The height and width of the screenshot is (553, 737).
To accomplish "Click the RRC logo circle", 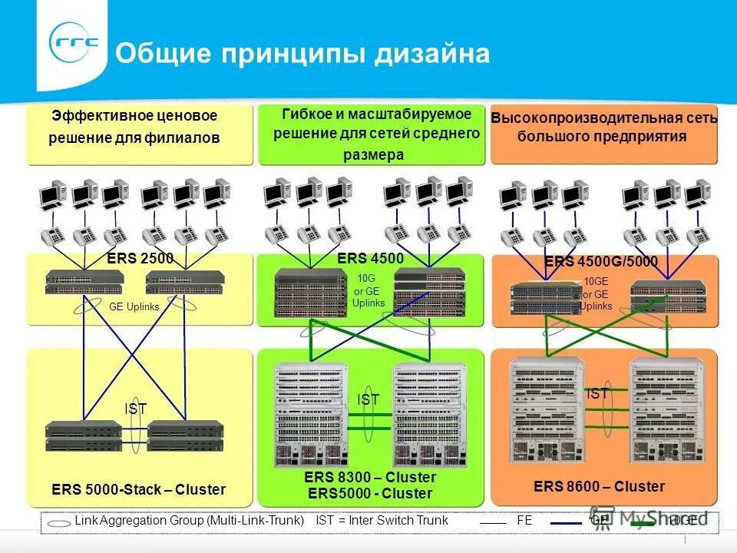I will tap(74, 45).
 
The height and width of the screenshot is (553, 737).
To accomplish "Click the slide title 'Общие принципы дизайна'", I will tap(302, 54).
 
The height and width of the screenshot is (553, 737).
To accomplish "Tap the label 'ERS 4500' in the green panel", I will tap(370, 259).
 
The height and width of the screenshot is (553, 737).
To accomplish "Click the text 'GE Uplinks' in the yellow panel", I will tap(134, 306).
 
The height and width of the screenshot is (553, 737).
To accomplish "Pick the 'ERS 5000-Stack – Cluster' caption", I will tap(138, 489).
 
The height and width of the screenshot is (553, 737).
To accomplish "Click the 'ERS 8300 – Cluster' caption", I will tap(370, 478).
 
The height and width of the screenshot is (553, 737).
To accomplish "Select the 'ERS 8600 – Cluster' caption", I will tap(599, 486).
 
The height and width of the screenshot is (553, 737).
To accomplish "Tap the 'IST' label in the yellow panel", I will tap(136, 409).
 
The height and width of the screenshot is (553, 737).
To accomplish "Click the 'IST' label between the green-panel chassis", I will tap(368, 399).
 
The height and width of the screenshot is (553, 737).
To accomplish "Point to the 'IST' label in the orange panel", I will tap(597, 394).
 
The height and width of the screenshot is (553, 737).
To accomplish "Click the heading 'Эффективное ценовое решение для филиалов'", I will tap(134, 127).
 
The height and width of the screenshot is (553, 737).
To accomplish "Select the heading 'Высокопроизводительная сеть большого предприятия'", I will tap(603, 127).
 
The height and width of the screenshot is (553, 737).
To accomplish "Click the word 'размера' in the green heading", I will tap(373, 154).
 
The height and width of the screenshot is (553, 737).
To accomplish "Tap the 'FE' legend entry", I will tap(524, 520).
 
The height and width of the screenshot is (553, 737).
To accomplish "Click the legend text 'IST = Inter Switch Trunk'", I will tap(382, 520).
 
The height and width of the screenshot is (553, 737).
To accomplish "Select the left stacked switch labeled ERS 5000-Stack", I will tap(83, 435).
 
